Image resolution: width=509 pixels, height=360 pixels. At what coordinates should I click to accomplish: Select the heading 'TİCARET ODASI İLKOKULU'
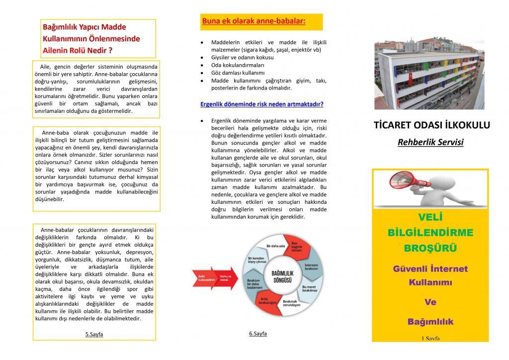[x=431, y=125]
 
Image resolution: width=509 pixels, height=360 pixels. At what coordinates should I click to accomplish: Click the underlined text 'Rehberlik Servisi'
[x=430, y=143]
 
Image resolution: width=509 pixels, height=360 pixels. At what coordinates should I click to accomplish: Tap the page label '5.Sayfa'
[x=94, y=334]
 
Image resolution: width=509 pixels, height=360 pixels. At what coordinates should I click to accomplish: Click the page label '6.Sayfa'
[x=257, y=334]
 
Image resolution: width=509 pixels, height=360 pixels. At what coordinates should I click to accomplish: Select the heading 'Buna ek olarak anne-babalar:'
[x=254, y=21]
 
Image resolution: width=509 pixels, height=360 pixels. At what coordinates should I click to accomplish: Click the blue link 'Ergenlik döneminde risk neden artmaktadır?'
[x=261, y=104]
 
